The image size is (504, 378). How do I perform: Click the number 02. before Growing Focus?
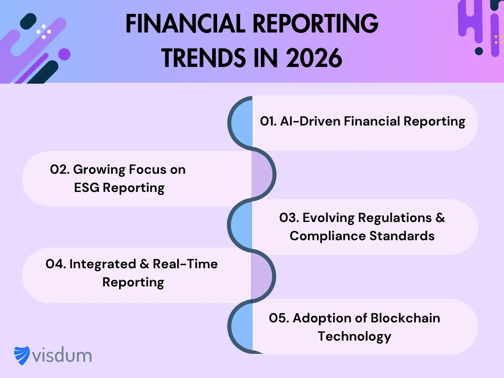(60, 169)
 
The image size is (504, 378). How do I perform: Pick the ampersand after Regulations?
(439, 217)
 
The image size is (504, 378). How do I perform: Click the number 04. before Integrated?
(56, 264)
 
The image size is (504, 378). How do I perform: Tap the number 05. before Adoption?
(279, 318)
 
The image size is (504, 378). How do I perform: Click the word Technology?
(354, 336)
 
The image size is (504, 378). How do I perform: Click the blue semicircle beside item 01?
(242, 123)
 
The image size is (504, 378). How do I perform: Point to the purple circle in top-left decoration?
(64, 54)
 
